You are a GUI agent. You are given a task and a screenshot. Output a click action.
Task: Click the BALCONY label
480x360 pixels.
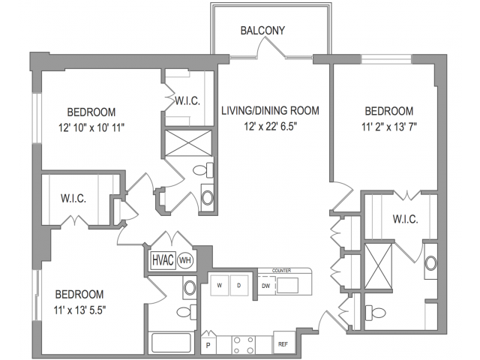tap(262, 31)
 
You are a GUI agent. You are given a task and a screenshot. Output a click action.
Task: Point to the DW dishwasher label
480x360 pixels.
tap(265, 286)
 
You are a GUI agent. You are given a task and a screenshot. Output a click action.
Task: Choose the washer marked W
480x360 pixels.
tap(220, 286)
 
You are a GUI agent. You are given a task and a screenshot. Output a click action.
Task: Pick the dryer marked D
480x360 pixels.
tap(239, 286)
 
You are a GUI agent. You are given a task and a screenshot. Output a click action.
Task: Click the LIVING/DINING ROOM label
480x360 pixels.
tap(270, 111)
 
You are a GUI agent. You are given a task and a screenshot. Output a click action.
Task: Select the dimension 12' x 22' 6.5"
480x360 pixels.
tap(270, 127)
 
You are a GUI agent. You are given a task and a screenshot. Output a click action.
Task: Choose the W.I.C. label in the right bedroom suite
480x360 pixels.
tap(404, 219)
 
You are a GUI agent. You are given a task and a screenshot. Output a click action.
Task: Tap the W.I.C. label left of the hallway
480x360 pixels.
tap(73, 199)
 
